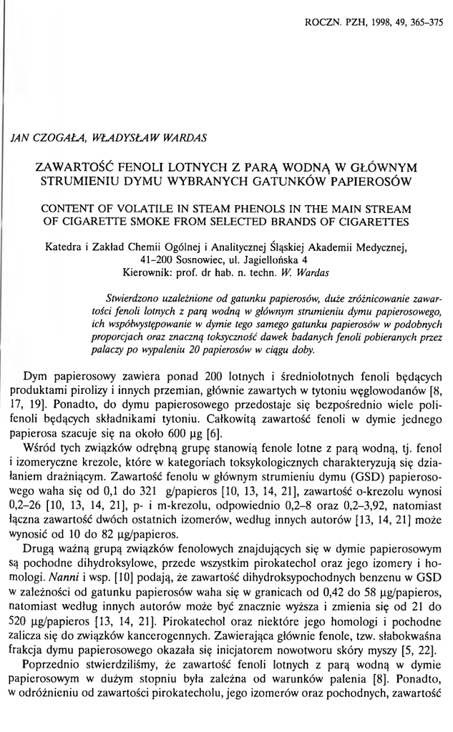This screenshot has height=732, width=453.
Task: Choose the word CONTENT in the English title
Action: pyautogui.click(x=69, y=209)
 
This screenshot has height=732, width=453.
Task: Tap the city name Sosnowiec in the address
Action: pyautogui.click(x=197, y=260)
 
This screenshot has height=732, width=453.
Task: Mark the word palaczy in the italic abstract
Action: pyautogui.click(x=122, y=350)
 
